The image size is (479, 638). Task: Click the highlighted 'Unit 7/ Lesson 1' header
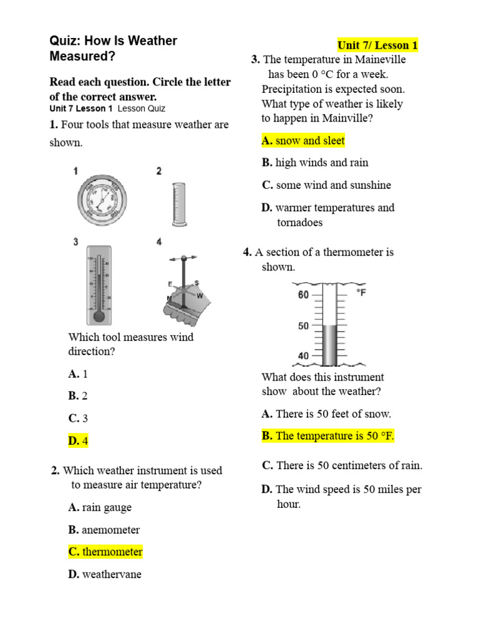point(377,45)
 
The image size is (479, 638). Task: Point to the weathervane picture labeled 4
point(185,289)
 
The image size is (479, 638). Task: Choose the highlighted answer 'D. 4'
point(79,441)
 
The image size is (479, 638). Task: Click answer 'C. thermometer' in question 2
point(105,552)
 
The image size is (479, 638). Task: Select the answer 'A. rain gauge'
point(100,508)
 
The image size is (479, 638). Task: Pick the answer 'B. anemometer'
point(104,530)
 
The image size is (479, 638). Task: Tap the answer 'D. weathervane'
point(105,574)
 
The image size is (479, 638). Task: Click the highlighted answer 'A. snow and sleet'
point(303,141)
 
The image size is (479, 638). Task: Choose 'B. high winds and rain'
point(315,163)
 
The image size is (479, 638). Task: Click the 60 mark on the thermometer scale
point(304,295)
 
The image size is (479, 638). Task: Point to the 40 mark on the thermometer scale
point(304,356)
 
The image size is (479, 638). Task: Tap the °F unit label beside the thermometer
point(360,292)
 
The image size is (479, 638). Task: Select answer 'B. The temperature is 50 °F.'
point(328,436)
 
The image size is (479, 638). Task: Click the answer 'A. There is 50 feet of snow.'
point(326,414)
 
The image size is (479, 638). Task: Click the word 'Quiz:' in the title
point(64,41)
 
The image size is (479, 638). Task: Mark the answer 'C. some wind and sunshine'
point(326,185)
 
